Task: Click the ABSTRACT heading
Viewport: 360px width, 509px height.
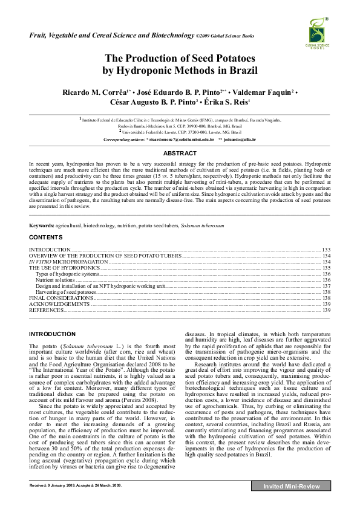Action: (180, 154)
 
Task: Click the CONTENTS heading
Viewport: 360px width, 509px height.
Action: (46, 237)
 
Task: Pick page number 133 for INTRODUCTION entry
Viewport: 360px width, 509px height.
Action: (325, 249)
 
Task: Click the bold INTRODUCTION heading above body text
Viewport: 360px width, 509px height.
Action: (52, 334)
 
